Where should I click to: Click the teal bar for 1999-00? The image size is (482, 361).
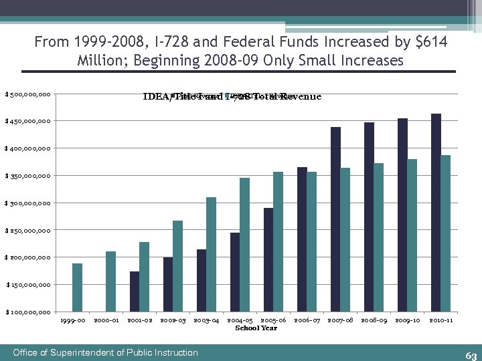[77, 287]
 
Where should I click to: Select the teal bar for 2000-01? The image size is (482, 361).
[110, 281]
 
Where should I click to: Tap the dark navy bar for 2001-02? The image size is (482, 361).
[135, 291]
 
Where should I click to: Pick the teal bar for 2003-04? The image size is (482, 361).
[211, 254]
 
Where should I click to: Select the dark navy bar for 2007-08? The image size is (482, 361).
[335, 219]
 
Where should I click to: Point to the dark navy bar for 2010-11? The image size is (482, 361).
[436, 213]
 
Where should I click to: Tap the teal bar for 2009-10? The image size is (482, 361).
[412, 235]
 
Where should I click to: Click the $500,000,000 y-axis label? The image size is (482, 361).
[27, 94]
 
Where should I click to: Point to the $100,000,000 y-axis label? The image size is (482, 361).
[27, 312]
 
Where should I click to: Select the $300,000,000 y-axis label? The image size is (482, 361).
[27, 203]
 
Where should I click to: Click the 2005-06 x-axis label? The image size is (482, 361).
[273, 321]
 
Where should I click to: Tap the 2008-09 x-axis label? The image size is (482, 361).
[374, 321]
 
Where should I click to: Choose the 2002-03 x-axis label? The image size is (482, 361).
[173, 321]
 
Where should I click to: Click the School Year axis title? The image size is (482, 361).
[256, 328]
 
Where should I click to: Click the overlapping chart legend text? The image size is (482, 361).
[232, 96]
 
